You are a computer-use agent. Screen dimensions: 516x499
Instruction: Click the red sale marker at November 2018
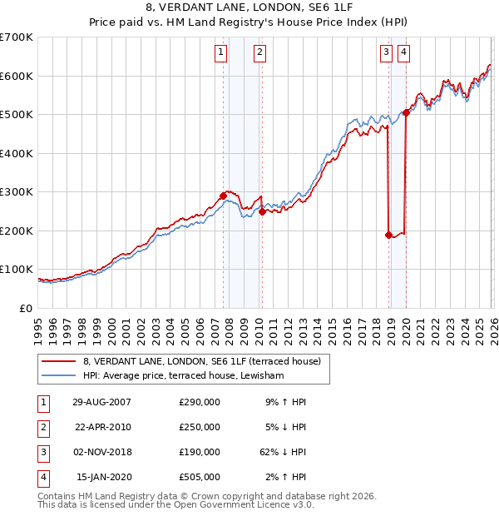point(388,235)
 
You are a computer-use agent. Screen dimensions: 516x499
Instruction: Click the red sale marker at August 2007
point(223,196)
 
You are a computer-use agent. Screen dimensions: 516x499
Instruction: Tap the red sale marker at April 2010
point(262,211)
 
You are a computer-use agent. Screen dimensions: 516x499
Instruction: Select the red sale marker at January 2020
point(406,112)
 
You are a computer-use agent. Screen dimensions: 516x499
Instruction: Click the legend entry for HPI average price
point(183,376)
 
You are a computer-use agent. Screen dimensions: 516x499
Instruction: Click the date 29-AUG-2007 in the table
point(102,402)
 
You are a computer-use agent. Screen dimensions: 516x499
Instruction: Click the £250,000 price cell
point(200,427)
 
